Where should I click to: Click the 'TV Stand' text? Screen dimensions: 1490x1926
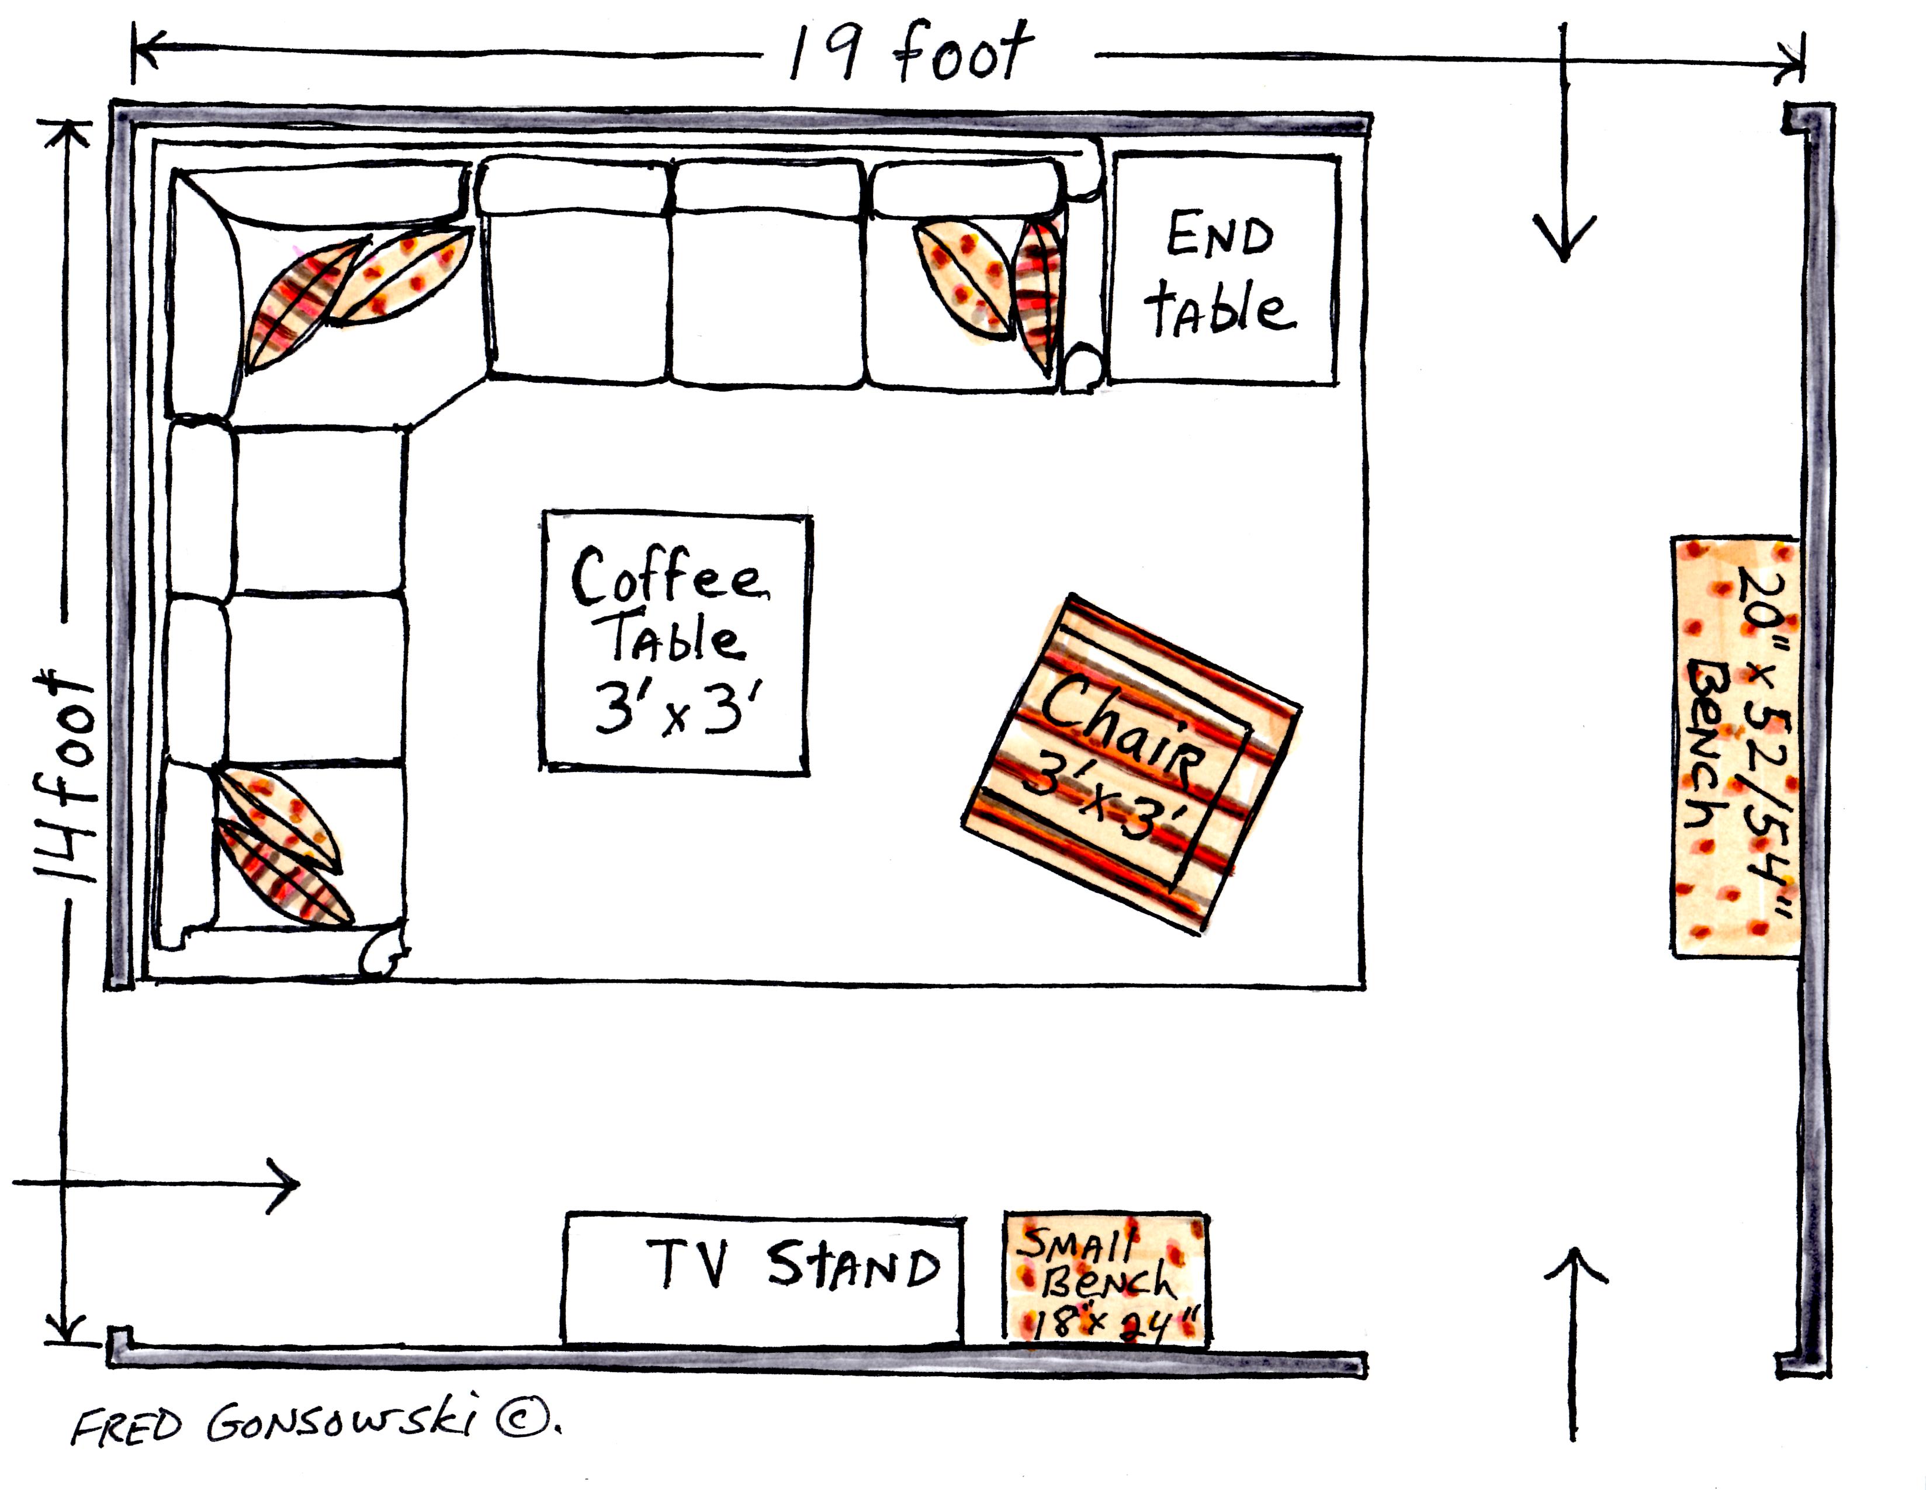tap(794, 1266)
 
